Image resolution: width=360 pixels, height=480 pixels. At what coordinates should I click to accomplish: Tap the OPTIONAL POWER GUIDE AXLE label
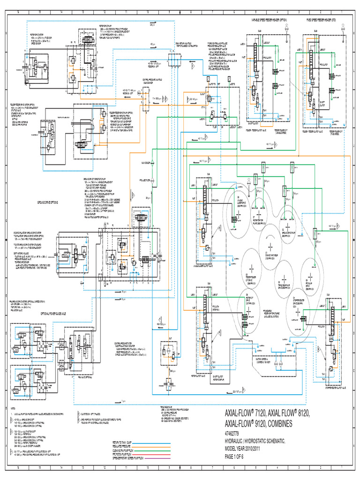45,312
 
